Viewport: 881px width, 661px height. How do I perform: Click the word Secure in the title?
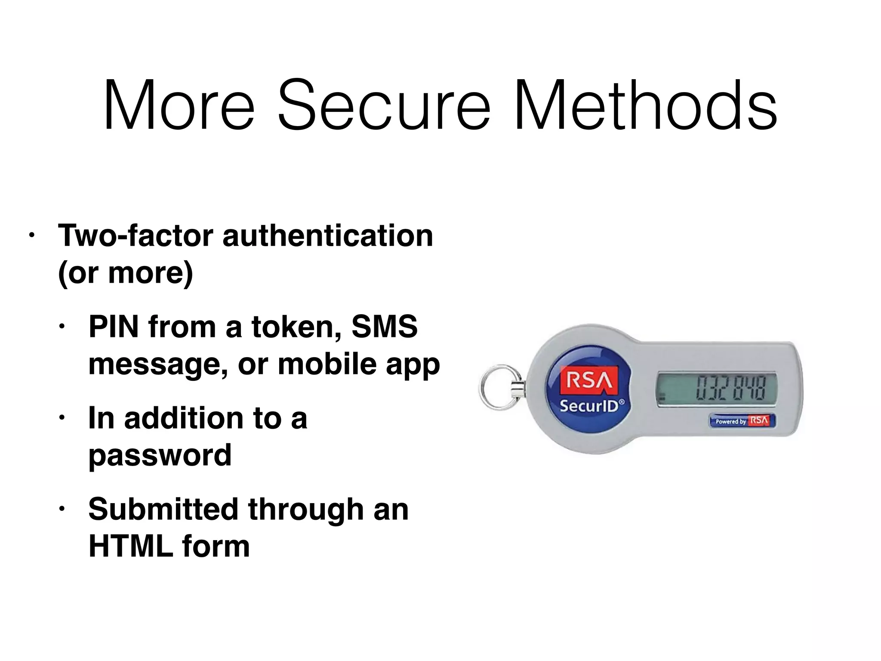point(384,105)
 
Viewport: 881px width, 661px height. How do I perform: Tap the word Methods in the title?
point(645,105)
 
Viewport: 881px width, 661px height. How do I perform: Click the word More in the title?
point(179,105)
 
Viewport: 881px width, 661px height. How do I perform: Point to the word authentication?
point(328,235)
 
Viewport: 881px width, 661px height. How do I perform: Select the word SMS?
point(384,327)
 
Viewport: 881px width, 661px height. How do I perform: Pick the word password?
point(160,455)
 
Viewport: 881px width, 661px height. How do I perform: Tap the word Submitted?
point(163,510)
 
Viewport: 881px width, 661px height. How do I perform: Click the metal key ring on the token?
point(499,387)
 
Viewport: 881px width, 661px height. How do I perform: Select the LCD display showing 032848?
point(716,387)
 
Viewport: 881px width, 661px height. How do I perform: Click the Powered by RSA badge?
point(743,420)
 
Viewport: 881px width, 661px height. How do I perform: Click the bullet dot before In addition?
point(62,418)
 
